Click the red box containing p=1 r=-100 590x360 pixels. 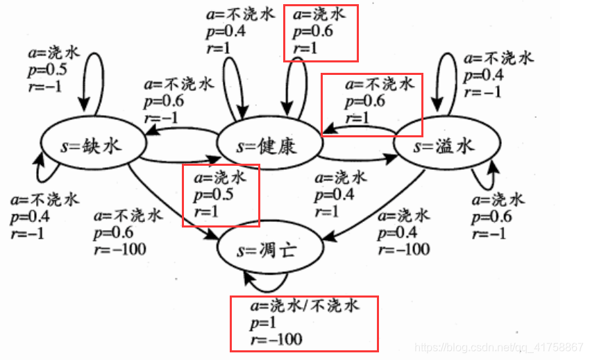point(304,323)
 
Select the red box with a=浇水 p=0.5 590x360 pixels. point(220,195)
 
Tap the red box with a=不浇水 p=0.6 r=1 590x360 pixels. point(371,104)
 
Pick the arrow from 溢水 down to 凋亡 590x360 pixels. point(374,209)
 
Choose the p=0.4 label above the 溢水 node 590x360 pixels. point(483,75)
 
